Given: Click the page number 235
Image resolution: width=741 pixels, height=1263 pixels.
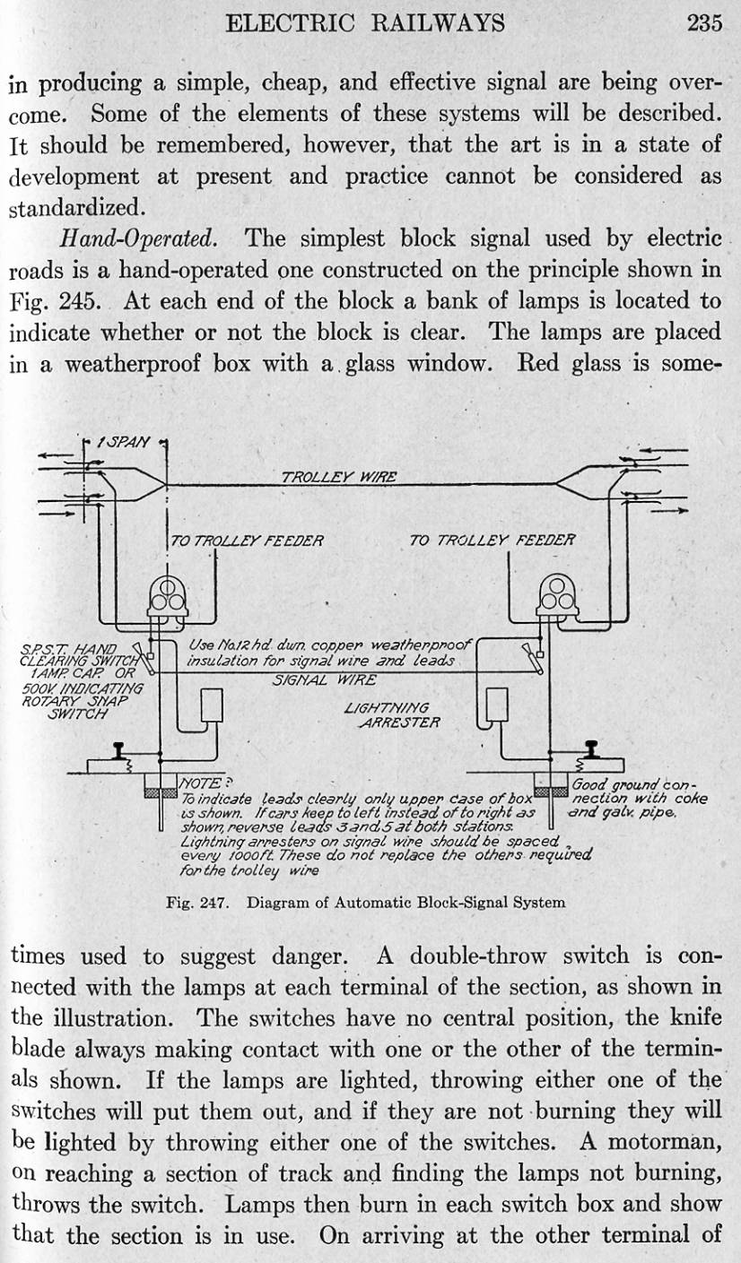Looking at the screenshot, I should point(704,22).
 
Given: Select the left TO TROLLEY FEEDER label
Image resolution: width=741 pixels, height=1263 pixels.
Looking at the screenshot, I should point(246,541).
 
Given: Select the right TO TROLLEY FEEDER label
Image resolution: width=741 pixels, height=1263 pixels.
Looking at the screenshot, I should point(492,540).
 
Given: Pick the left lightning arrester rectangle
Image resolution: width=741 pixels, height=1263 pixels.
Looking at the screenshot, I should point(211,705).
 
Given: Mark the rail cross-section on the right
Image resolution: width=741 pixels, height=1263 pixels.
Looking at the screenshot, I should point(593,749).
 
